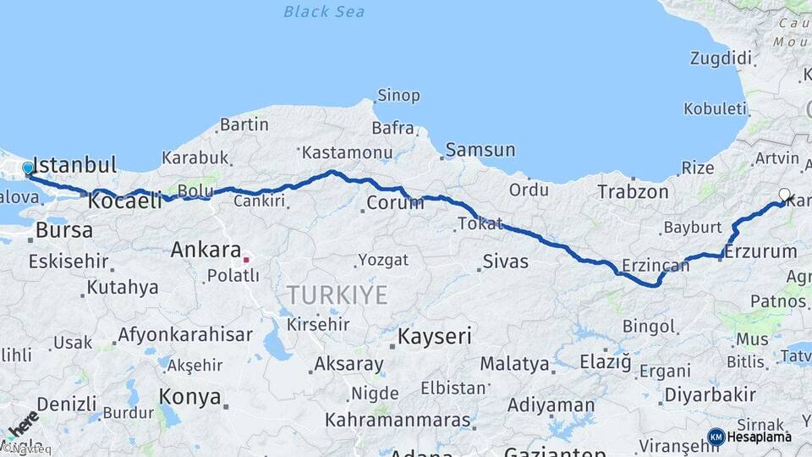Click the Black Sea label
324,11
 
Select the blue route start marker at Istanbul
28,168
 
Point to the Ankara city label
206,250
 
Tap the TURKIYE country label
337,295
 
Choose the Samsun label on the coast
480,150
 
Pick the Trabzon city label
633,191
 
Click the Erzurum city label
761,251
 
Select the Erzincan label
655,266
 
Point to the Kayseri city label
434,336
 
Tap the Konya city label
190,397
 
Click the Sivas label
505,261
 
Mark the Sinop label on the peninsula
398,96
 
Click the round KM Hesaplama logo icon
716,437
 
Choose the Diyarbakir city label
710,394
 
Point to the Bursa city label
63,230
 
